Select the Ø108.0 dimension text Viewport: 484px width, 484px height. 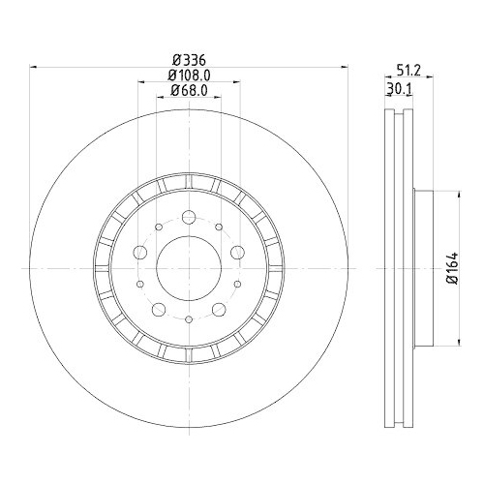pos(190,75)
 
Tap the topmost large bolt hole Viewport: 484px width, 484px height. pos(188,214)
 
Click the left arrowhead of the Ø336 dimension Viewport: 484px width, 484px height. pos(35,67)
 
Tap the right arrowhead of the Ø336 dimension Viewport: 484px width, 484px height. pos(344,67)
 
